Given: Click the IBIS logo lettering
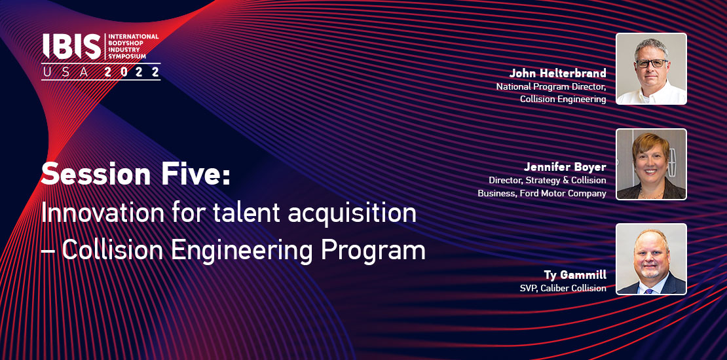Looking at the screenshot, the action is (72, 46).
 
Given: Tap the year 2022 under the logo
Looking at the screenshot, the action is (132, 72).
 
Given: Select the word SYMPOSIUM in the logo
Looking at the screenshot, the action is (128, 56).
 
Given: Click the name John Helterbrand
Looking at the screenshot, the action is (558, 73).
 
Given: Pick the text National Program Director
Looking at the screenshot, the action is (551, 86).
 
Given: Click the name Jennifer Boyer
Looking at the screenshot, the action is (565, 167).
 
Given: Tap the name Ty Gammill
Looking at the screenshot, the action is (576, 275).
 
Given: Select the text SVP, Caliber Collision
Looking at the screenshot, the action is (563, 288).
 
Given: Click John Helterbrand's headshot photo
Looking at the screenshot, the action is (651, 69).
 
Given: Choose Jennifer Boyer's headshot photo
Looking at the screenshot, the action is (651, 164).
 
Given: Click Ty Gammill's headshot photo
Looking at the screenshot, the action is (651, 259).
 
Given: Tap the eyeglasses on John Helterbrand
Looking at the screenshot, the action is (651, 63).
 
